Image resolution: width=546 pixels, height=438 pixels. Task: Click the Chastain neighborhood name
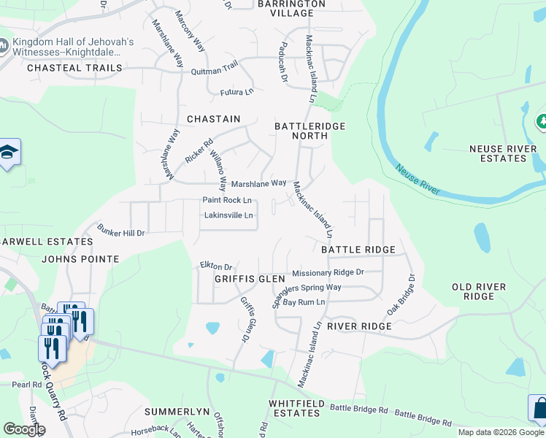coord(213,118)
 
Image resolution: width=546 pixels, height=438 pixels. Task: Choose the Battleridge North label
coord(309,131)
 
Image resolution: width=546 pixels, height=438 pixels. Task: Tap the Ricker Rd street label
coord(198,151)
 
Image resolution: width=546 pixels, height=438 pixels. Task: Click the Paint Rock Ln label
coord(227,200)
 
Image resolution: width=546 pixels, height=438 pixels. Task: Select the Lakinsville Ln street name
coord(229,215)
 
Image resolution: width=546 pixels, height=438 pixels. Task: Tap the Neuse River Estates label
coord(507,154)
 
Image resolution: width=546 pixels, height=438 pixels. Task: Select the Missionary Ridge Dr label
coord(328,273)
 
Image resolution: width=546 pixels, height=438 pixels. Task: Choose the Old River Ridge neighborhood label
coord(483,291)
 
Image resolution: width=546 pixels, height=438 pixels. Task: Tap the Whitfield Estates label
coord(301,408)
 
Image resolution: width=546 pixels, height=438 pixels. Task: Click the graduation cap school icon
coord(9,152)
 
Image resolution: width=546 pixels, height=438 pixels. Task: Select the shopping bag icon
coord(537,408)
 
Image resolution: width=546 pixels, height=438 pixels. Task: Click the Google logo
coord(24,429)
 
